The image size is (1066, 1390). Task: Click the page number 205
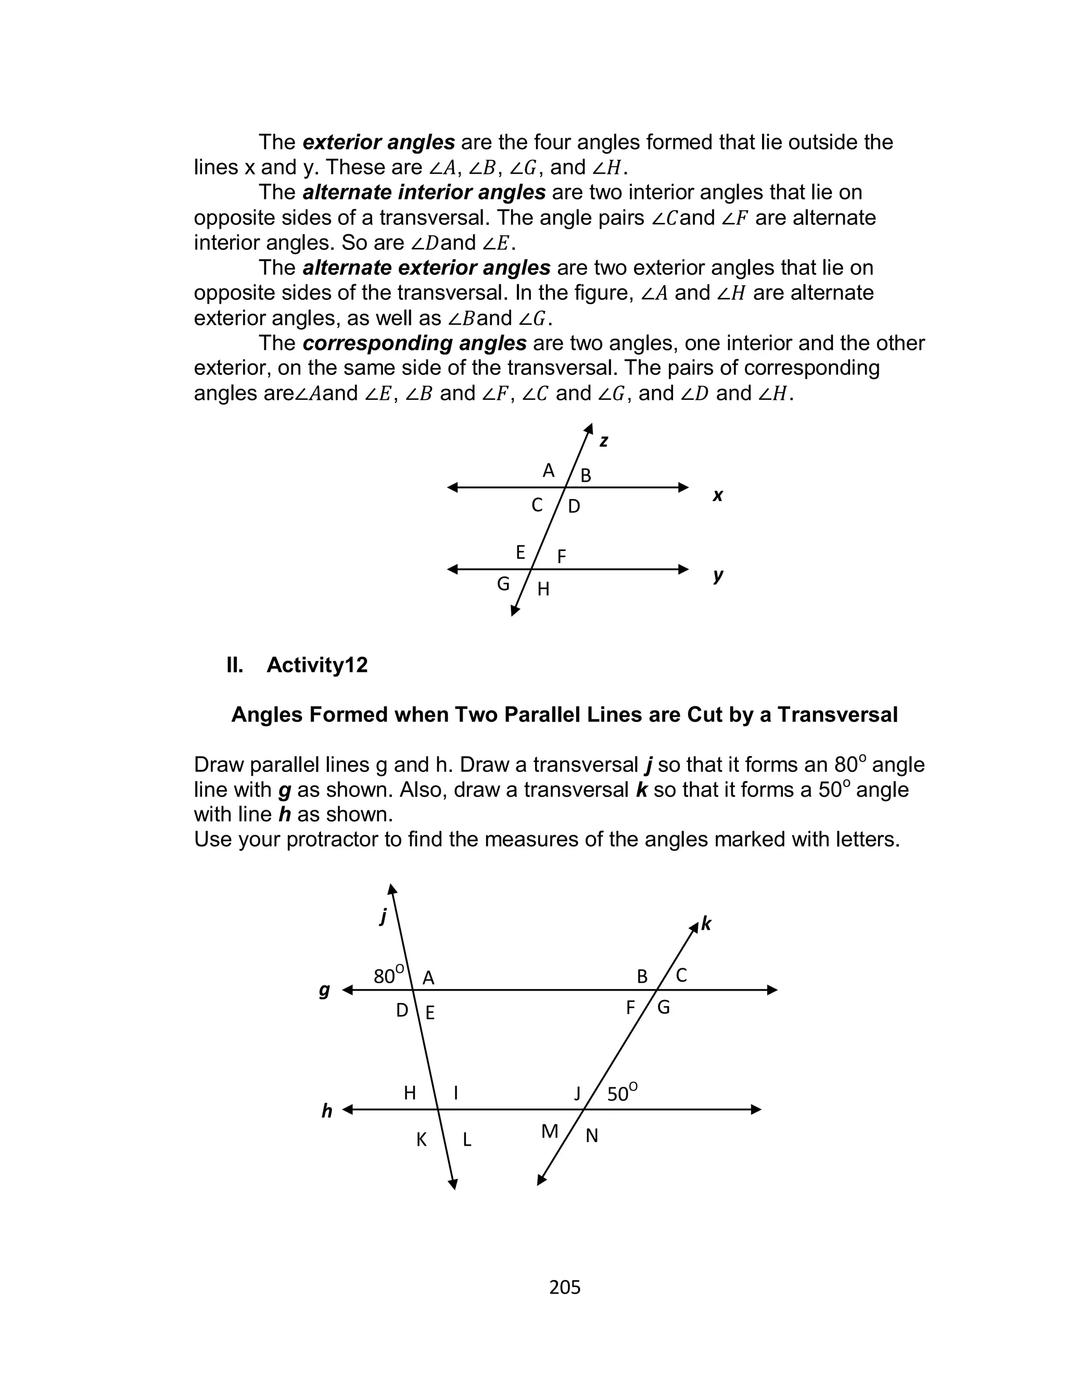pyautogui.click(x=564, y=1286)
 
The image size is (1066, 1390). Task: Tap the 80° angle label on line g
pyautogui.click(x=388, y=974)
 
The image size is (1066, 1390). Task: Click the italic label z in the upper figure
pyautogui.click(x=603, y=441)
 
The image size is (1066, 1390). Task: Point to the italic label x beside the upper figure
pyautogui.click(x=718, y=496)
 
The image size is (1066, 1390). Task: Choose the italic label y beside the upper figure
pyautogui.click(x=718, y=575)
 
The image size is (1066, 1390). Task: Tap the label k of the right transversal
pyautogui.click(x=706, y=924)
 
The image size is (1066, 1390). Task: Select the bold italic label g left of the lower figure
pyautogui.click(x=325, y=990)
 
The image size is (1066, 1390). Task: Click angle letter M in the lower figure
pyautogui.click(x=550, y=1132)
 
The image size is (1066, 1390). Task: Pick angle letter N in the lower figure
pyautogui.click(x=591, y=1135)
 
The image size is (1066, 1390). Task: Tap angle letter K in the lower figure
pyautogui.click(x=421, y=1140)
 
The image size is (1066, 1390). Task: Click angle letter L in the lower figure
pyautogui.click(x=467, y=1140)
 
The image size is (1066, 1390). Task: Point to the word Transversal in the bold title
pyautogui.click(x=837, y=715)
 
